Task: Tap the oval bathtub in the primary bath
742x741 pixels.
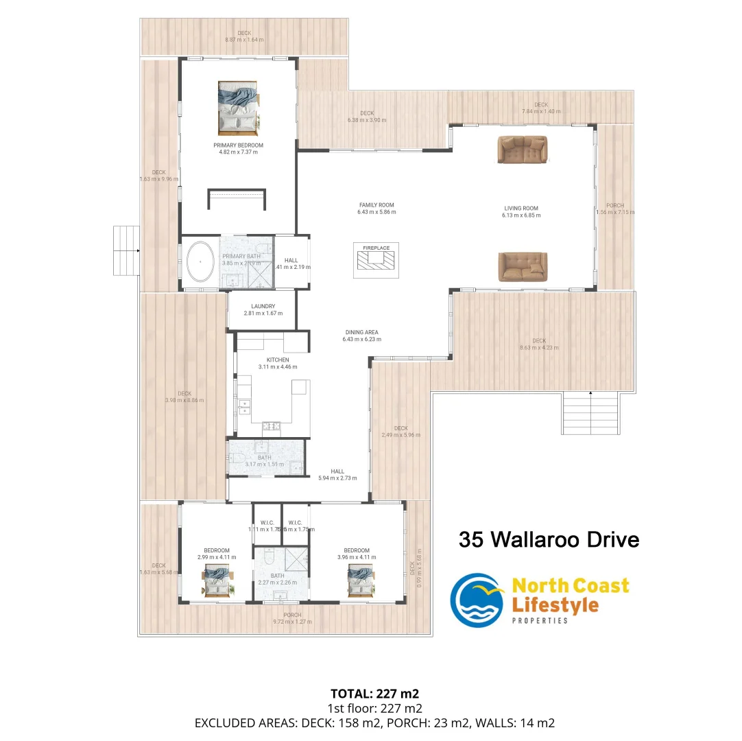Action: tap(200, 262)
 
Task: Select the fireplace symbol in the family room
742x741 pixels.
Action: tap(376, 260)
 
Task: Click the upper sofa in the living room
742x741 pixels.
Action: tap(523, 150)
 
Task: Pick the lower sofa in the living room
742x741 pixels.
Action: tap(523, 266)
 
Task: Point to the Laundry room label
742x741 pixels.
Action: tap(263, 306)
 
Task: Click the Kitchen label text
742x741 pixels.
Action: tap(278, 360)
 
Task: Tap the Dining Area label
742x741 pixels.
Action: tap(363, 332)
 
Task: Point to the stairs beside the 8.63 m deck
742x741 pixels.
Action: tap(590, 412)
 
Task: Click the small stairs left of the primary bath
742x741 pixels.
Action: tap(126, 250)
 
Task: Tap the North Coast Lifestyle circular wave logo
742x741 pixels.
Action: tap(477, 600)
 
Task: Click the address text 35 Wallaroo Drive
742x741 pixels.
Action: tap(549, 539)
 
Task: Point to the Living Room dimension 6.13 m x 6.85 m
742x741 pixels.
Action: tap(520, 215)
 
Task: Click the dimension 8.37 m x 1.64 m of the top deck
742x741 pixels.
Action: tap(244, 40)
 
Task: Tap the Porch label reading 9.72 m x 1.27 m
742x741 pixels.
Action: tap(293, 622)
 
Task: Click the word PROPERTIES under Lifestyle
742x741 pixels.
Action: tap(540, 621)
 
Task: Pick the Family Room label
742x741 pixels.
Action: tap(376, 204)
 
